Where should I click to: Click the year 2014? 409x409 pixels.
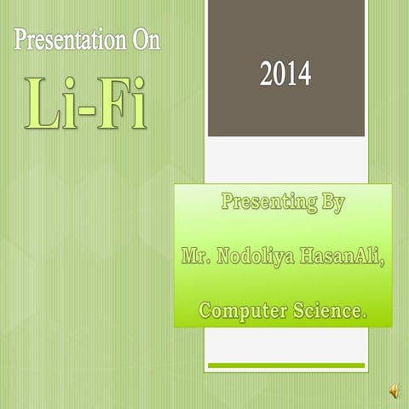click(x=285, y=76)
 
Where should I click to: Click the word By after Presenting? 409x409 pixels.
click(x=333, y=204)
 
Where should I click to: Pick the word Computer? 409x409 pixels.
click(x=244, y=311)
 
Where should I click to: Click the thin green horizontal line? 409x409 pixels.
click(x=286, y=366)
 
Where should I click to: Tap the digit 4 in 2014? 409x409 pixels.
click(x=303, y=76)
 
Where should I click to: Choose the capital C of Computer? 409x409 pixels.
click(x=207, y=311)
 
